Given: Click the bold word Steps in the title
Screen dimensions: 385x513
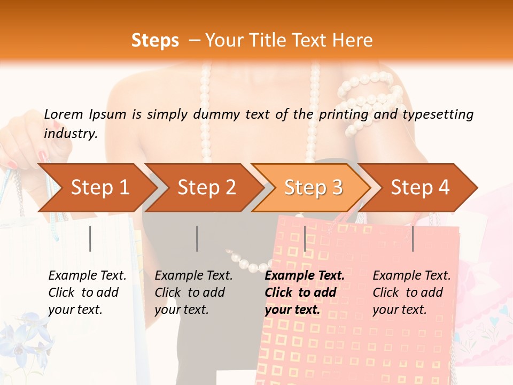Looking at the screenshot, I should pos(155,41).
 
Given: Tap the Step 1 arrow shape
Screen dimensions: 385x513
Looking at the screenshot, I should pos(96,187).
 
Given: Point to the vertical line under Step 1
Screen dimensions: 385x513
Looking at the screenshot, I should pos(90,238).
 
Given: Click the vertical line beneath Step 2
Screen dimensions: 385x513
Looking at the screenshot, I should pos(197,238).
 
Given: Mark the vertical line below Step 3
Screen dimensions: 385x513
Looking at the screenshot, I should pos(305,238).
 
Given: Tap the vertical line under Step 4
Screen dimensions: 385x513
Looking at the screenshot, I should pos(413,238).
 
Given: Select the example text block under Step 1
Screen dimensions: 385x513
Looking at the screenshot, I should pos(87,292).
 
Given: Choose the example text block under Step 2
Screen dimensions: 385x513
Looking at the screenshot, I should pos(193,292).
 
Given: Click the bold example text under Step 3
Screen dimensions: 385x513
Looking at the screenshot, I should pos(305,292).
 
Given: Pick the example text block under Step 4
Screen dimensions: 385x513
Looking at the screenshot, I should pos(411,292).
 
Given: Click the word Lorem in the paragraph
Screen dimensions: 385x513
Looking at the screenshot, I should pos(64,114).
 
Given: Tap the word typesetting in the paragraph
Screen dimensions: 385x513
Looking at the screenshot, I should pos(438,114).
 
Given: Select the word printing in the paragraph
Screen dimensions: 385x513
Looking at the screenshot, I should pos(343,114).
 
